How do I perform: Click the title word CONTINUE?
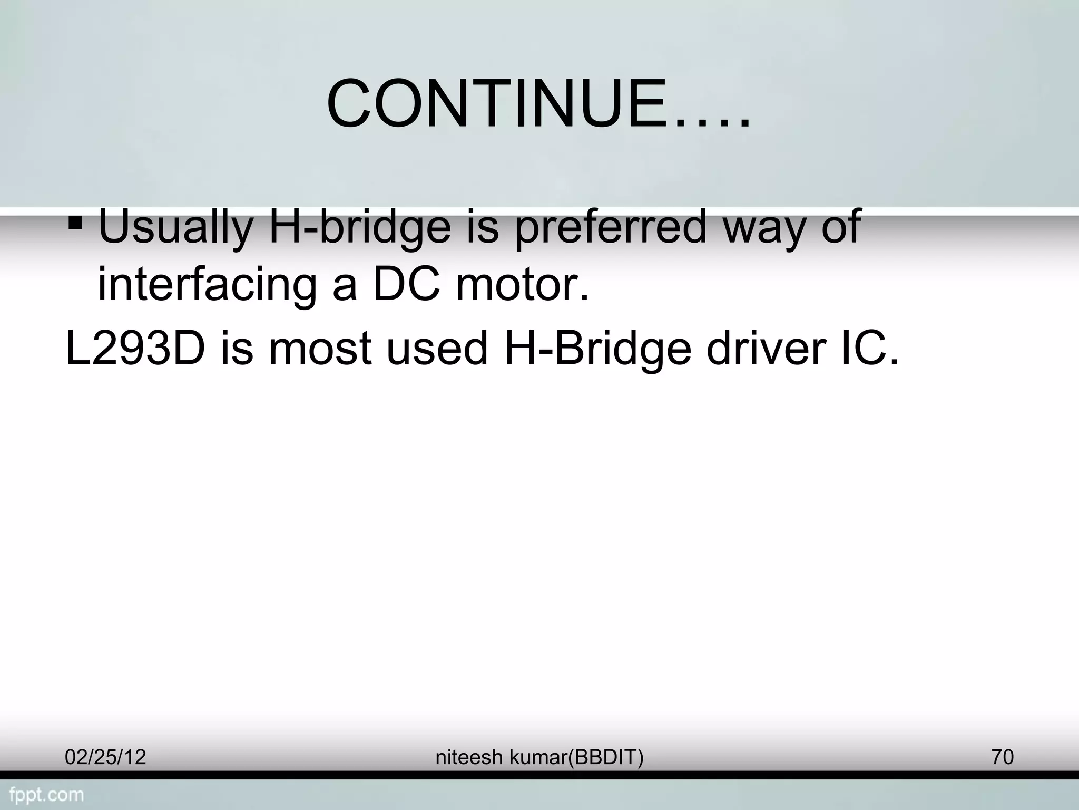pyautogui.click(x=495, y=104)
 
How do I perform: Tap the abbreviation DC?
pyautogui.click(x=406, y=285)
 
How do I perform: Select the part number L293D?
pyautogui.click(x=135, y=349)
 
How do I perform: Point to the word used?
pyautogui.click(x=437, y=349)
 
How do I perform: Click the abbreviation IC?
pyautogui.click(x=867, y=349)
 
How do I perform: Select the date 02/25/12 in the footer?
pyautogui.click(x=105, y=757)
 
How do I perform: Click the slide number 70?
pyautogui.click(x=1002, y=757)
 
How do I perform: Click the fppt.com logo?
pyautogui.click(x=46, y=794)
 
